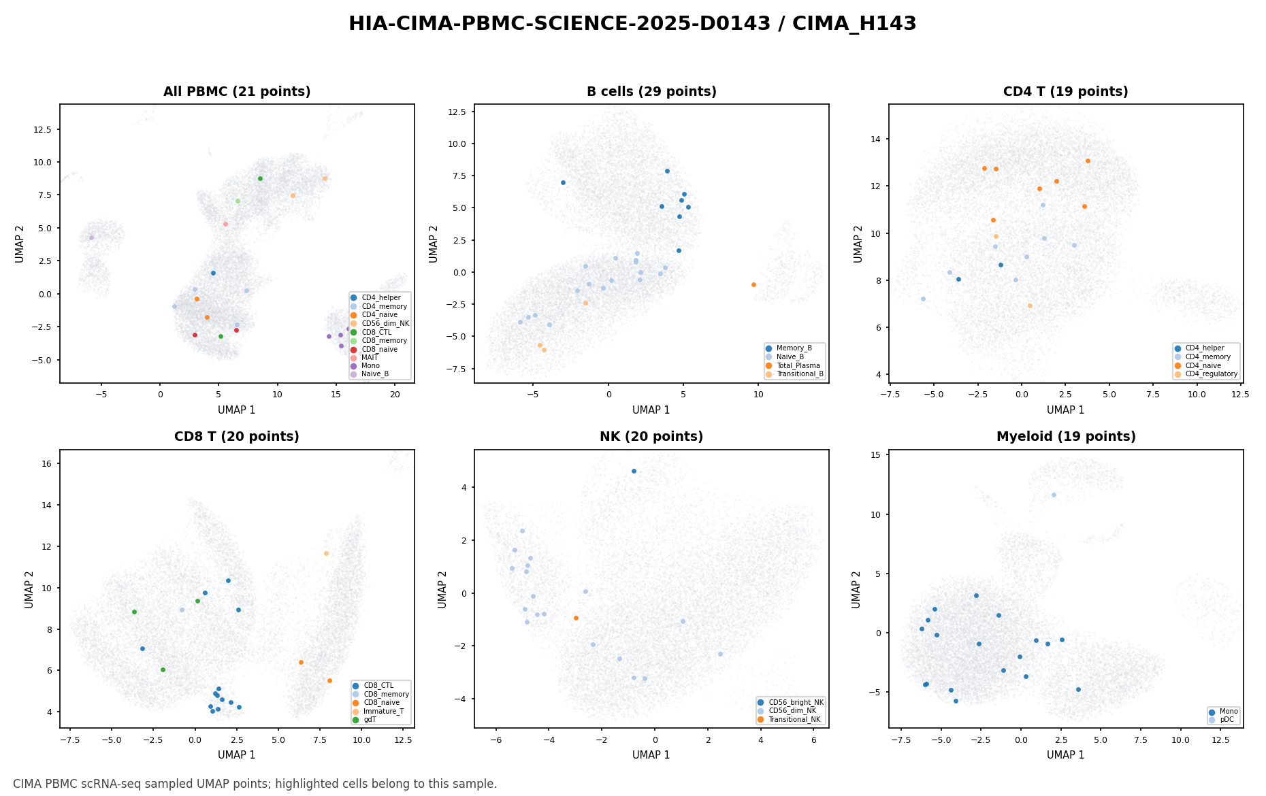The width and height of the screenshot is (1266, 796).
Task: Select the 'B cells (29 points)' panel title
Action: point(651,92)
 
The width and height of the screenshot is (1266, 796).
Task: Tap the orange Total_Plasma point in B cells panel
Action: point(753,284)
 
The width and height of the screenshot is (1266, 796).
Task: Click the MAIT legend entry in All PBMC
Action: point(370,357)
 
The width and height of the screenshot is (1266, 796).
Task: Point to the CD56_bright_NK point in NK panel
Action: point(634,471)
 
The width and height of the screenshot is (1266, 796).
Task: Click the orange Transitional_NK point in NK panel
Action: point(576,618)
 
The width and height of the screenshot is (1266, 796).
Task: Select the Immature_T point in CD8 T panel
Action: point(326,553)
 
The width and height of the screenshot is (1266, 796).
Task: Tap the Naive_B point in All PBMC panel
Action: point(91,237)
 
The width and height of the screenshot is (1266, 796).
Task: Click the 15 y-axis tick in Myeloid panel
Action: point(876,454)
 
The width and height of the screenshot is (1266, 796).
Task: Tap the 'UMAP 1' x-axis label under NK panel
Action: point(651,755)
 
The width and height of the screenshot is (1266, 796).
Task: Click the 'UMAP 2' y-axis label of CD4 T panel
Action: point(859,244)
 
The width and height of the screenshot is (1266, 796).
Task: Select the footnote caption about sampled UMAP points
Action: point(255,784)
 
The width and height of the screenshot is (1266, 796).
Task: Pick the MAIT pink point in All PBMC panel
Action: point(225,224)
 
